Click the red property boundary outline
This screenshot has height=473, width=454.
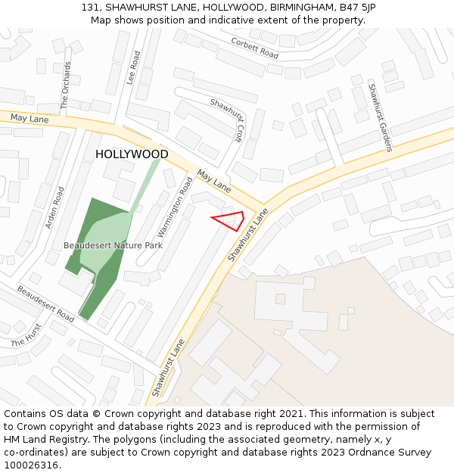click(229, 220)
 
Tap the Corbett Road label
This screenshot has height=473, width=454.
click(254, 48)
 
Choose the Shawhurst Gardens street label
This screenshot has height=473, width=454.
click(380, 117)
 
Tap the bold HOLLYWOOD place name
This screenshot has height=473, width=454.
click(132, 154)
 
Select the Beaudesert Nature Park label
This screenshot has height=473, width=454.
click(113, 245)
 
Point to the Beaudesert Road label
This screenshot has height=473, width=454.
click(45, 303)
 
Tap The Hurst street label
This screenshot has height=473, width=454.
click(26, 335)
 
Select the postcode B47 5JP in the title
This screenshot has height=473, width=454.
click(357, 8)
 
